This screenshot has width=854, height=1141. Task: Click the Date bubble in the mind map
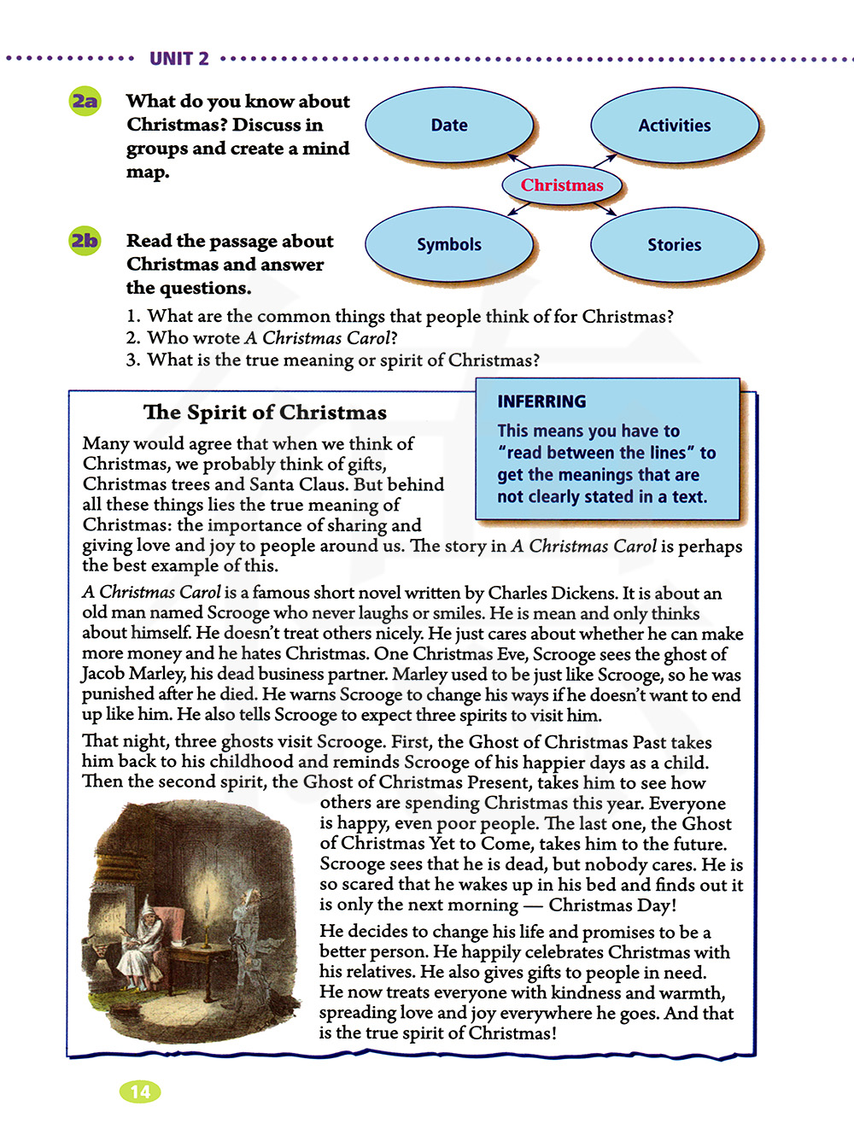click(449, 125)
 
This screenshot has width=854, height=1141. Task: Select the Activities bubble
click(674, 126)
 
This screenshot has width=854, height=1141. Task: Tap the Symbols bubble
click(449, 244)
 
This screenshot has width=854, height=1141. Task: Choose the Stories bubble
click(674, 245)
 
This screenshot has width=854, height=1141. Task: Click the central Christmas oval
click(562, 185)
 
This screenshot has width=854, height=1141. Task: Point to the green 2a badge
click(85, 102)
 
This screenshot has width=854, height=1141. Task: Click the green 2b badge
click(85, 241)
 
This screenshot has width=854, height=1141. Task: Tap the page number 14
click(140, 1091)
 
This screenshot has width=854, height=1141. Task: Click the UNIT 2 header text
click(179, 59)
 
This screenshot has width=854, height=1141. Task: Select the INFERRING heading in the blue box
click(541, 401)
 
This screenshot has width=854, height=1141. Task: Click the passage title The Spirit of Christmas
click(265, 413)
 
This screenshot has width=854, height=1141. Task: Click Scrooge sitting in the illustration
click(139, 939)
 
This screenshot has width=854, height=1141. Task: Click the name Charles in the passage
click(543, 593)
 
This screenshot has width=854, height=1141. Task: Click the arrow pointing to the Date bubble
click(518, 160)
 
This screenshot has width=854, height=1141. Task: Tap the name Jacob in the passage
click(104, 674)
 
